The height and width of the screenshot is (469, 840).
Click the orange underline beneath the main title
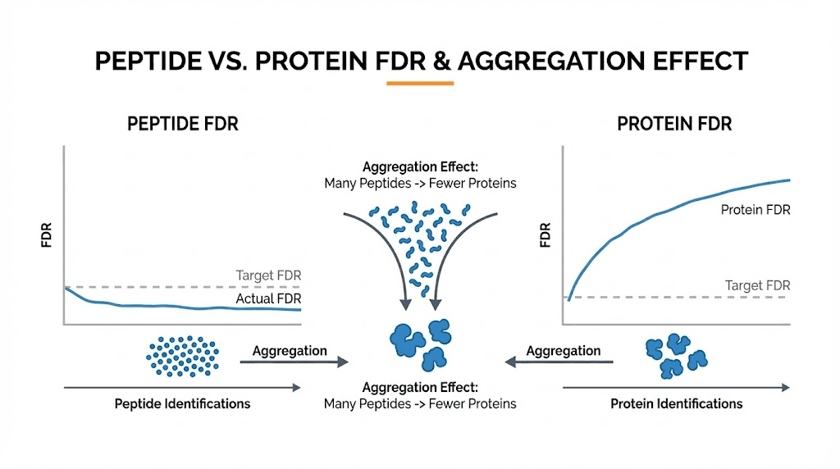(419, 84)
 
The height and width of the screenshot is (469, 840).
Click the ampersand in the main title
(441, 61)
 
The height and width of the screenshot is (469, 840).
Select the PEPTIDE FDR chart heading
(183, 125)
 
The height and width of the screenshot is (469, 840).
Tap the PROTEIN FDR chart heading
(674, 125)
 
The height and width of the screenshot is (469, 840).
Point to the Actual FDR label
(268, 299)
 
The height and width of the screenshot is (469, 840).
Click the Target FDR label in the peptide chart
(268, 275)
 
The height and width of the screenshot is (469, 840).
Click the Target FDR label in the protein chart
(757, 285)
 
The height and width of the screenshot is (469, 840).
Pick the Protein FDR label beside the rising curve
(755, 210)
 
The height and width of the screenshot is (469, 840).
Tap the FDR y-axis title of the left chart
(48, 234)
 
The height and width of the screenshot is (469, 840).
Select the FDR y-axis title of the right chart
(546, 234)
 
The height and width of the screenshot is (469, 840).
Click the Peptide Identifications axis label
(182, 403)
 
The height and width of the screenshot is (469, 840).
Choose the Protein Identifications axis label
(676, 403)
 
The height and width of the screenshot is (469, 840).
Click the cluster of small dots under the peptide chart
(183, 355)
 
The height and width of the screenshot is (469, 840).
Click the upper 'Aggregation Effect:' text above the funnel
(420, 166)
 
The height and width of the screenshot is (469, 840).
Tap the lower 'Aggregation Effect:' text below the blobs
(420, 387)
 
